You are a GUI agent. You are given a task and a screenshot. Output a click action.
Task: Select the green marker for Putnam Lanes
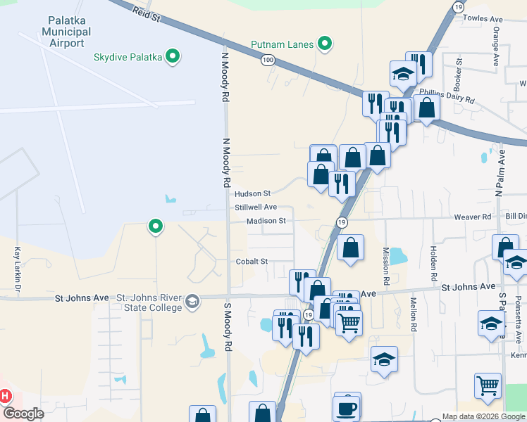[325, 44]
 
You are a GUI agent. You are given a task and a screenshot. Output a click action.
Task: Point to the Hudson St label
[253, 193]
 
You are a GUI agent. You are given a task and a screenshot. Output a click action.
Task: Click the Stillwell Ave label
[256, 207]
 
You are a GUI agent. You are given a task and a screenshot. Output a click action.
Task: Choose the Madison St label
[266, 221]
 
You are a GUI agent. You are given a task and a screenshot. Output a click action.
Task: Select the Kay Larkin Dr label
[16, 269]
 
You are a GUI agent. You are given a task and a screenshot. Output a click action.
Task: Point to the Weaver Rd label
[477, 217]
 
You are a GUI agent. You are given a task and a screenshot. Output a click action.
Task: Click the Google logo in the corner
[23, 414]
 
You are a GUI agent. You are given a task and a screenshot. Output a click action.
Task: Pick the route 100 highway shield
[268, 60]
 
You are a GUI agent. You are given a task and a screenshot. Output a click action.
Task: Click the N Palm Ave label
[501, 172]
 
